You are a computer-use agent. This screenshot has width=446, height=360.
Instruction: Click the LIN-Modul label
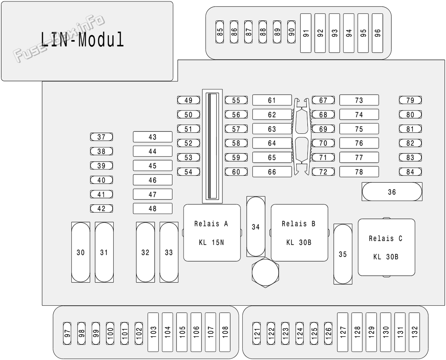(82, 39)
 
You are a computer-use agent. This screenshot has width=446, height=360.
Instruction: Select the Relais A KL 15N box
(212, 233)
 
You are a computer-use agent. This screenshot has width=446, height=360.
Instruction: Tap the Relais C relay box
(386, 247)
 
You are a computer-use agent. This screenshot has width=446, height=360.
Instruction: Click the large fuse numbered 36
(392, 192)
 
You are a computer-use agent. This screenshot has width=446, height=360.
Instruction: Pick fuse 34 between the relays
(256, 227)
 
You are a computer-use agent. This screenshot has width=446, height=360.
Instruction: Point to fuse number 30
(81, 252)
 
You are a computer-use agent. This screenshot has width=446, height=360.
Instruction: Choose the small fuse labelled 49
(188, 100)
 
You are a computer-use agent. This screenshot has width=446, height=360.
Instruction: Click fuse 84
(410, 172)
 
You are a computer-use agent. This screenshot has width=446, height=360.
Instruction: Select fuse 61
(272, 100)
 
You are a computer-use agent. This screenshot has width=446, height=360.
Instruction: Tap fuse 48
(153, 208)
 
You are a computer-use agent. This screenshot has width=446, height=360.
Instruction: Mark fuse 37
(101, 137)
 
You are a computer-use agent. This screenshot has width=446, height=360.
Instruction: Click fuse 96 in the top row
(377, 33)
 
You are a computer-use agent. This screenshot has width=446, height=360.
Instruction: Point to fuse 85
(220, 32)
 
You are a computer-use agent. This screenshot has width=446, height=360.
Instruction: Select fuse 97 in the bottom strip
(67, 333)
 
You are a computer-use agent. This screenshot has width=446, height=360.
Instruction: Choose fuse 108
(225, 332)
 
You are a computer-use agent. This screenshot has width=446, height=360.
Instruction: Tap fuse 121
(256, 333)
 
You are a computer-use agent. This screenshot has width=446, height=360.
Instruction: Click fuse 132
(414, 332)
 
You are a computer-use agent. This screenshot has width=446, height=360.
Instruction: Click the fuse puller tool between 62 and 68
(301, 136)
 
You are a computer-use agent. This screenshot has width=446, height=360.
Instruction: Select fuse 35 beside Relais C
(343, 254)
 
